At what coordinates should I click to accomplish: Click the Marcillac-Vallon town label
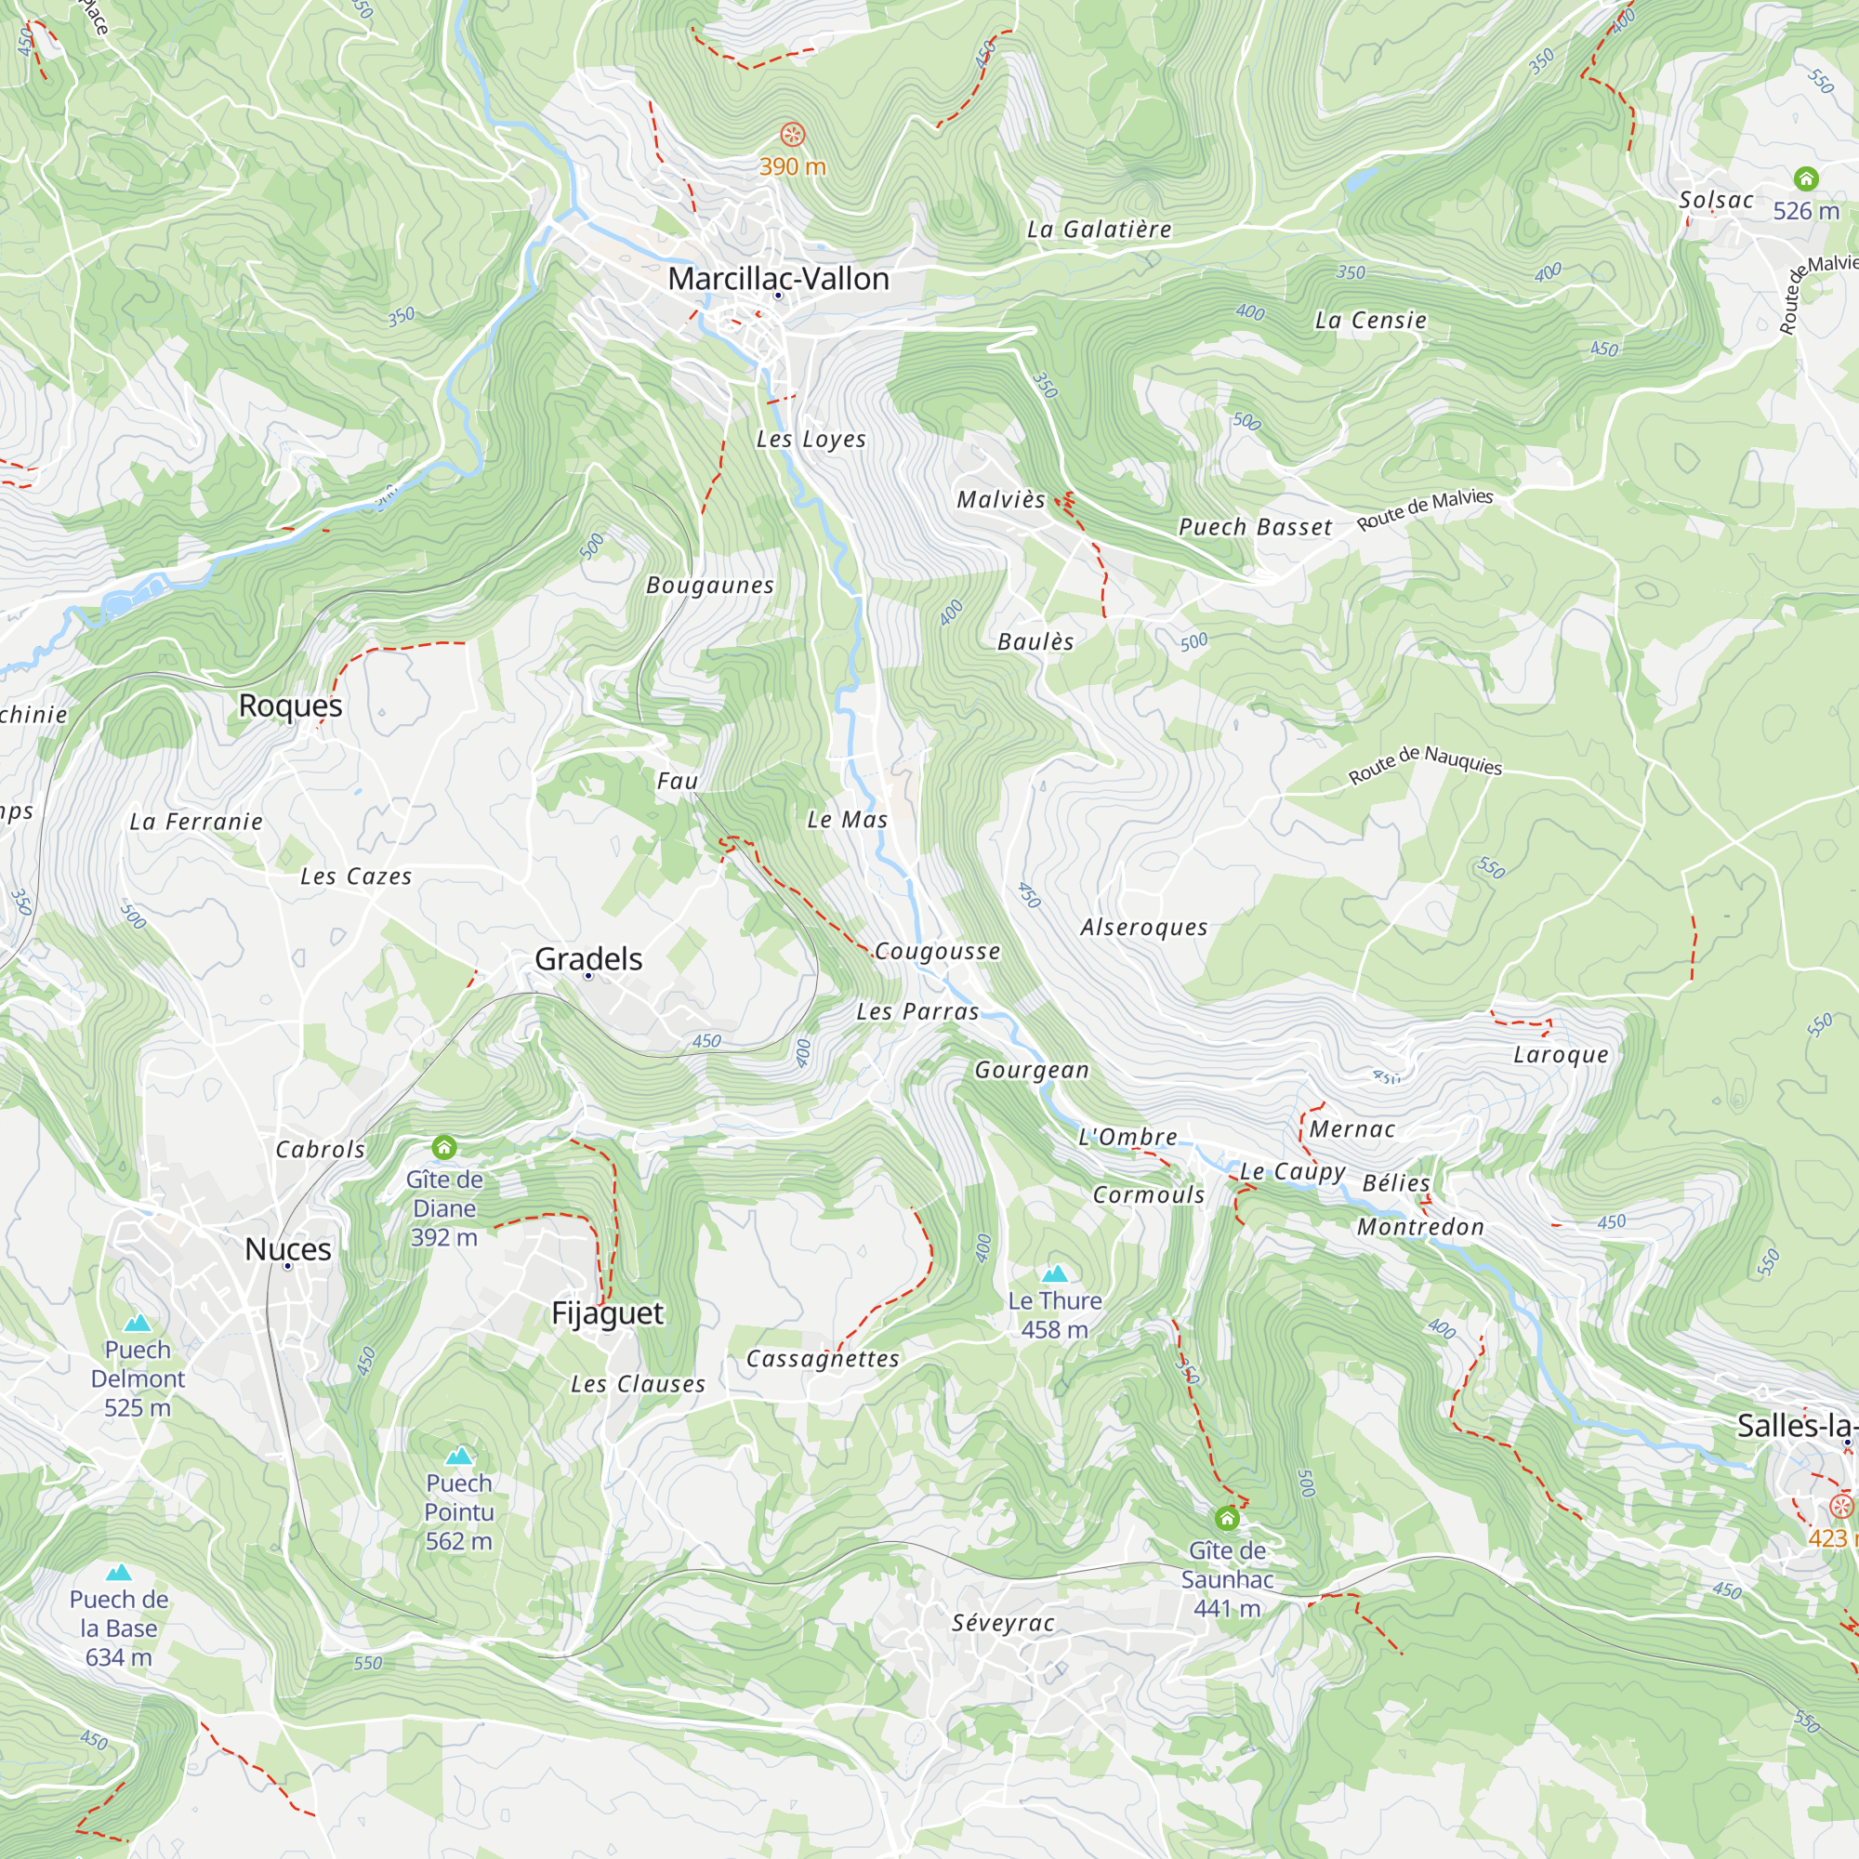pyautogui.click(x=777, y=279)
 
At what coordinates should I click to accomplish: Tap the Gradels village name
pyautogui.click(x=588, y=958)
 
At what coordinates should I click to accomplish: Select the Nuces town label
pyautogui.click(x=288, y=1249)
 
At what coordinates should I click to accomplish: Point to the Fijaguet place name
pyautogui.click(x=607, y=1312)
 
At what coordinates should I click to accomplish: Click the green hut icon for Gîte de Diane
pyautogui.click(x=443, y=1147)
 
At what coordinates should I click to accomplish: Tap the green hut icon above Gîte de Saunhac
pyautogui.click(x=1226, y=1519)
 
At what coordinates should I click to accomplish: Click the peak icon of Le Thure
pyautogui.click(x=1055, y=1274)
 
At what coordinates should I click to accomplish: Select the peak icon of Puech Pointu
pyautogui.click(x=459, y=1456)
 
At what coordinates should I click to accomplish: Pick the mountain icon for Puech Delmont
pyautogui.click(x=138, y=1323)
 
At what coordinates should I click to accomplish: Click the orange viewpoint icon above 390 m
pyautogui.click(x=792, y=135)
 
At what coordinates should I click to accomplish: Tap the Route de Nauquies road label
pyautogui.click(x=1424, y=764)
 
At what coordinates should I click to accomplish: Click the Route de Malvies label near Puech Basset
pyautogui.click(x=1424, y=508)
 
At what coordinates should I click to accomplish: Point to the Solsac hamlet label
pyautogui.click(x=1716, y=200)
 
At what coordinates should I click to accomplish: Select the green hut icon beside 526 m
pyautogui.click(x=1806, y=179)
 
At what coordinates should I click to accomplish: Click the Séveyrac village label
pyautogui.click(x=1003, y=1622)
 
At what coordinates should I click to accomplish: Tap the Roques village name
pyautogui.click(x=291, y=705)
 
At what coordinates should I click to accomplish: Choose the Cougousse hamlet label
pyautogui.click(x=937, y=952)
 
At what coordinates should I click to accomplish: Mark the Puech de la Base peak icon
pyautogui.click(x=118, y=1574)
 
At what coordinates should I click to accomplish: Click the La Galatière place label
pyautogui.click(x=1099, y=229)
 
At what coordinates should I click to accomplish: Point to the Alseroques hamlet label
pyautogui.click(x=1143, y=928)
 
